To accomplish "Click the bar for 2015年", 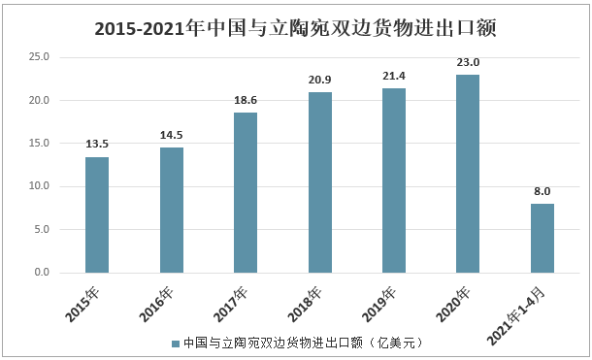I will pos(97,214).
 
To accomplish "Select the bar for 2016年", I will pos(171,210).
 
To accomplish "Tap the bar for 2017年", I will pos(246,192).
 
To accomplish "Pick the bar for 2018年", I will pos(319,182).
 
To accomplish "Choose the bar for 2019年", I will pos(393,180).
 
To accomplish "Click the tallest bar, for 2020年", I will pos(468,174).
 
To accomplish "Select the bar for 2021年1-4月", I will pos(542,238).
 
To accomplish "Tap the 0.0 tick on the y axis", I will pos(43,273).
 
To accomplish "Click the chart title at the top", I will pos(296,28).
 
